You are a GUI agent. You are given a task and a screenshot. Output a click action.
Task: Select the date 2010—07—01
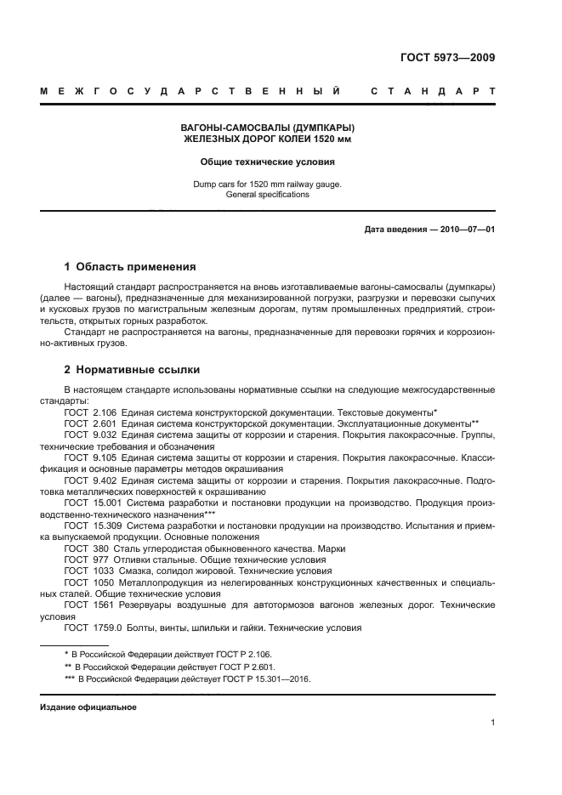coord(465,230)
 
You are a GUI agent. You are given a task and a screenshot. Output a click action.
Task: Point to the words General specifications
coord(267,195)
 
